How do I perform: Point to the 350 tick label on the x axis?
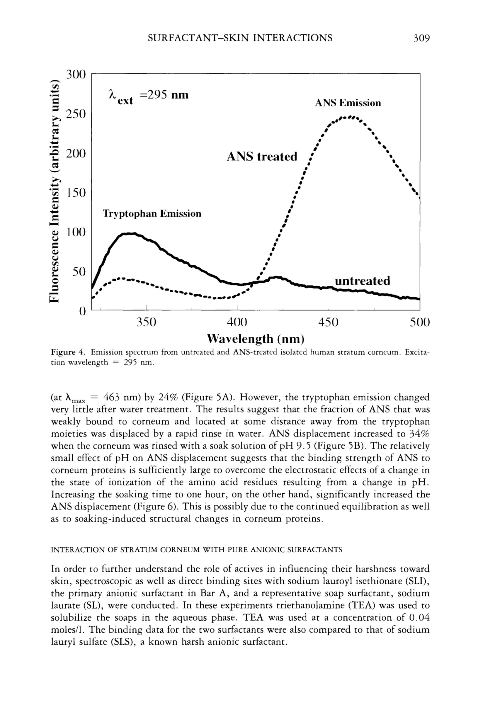tap(146, 322)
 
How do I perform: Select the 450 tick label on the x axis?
tap(328, 322)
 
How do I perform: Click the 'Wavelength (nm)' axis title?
tap(256, 339)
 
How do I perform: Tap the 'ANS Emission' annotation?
tap(348, 103)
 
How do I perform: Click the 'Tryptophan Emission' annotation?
tap(152, 213)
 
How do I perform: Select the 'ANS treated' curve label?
tap(262, 157)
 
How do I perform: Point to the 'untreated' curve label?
tap(362, 281)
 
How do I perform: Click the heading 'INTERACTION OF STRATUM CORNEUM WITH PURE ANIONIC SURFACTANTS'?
tap(197, 550)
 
